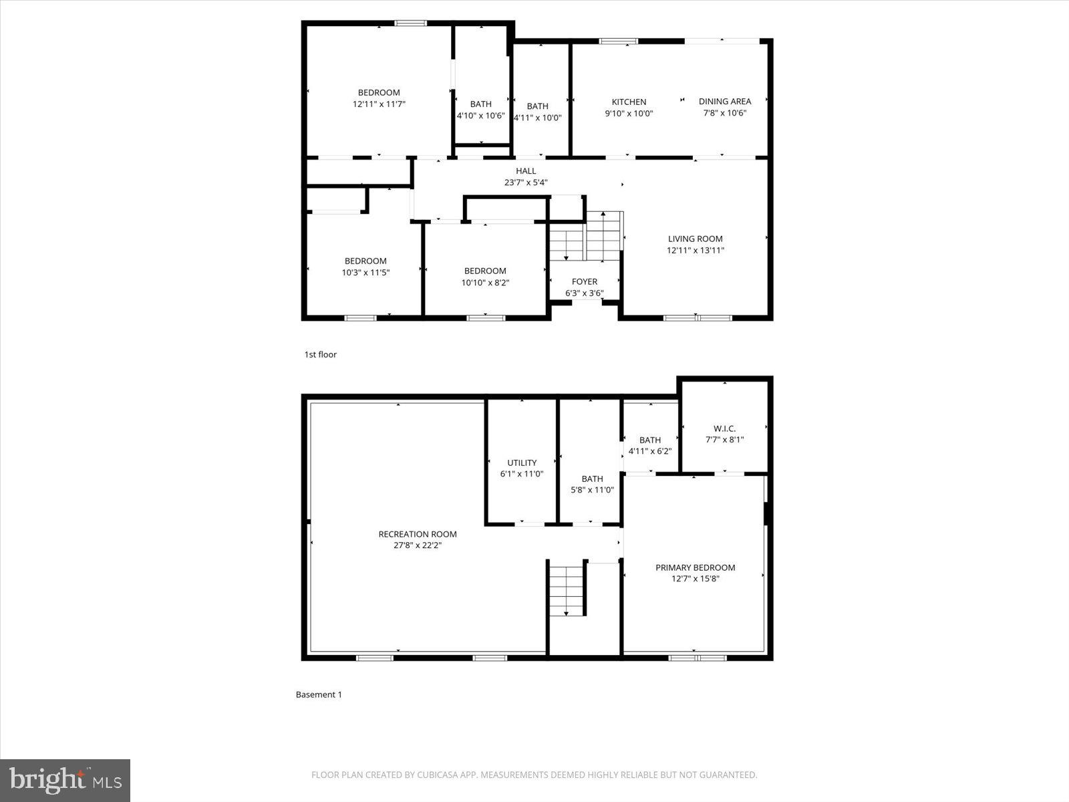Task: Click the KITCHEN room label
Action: (629, 102)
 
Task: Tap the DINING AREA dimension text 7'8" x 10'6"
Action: (724, 113)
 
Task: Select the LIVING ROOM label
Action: (695, 239)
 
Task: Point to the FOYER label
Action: (584, 281)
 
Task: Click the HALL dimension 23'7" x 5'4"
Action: (526, 182)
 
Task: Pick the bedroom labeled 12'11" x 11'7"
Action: (379, 98)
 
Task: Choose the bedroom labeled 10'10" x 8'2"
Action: (485, 277)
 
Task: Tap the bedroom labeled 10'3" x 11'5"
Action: (365, 267)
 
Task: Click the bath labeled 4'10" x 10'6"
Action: (480, 110)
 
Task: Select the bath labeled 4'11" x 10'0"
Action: (537, 112)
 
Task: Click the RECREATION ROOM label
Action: (417, 534)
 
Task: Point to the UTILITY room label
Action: (521, 462)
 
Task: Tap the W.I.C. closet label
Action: (724, 428)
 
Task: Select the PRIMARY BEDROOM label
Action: (695, 567)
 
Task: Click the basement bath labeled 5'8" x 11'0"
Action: (591, 484)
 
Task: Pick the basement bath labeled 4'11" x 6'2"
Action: (649, 445)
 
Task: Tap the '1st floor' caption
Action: (320, 354)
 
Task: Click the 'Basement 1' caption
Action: (319, 694)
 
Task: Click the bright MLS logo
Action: (65, 780)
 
